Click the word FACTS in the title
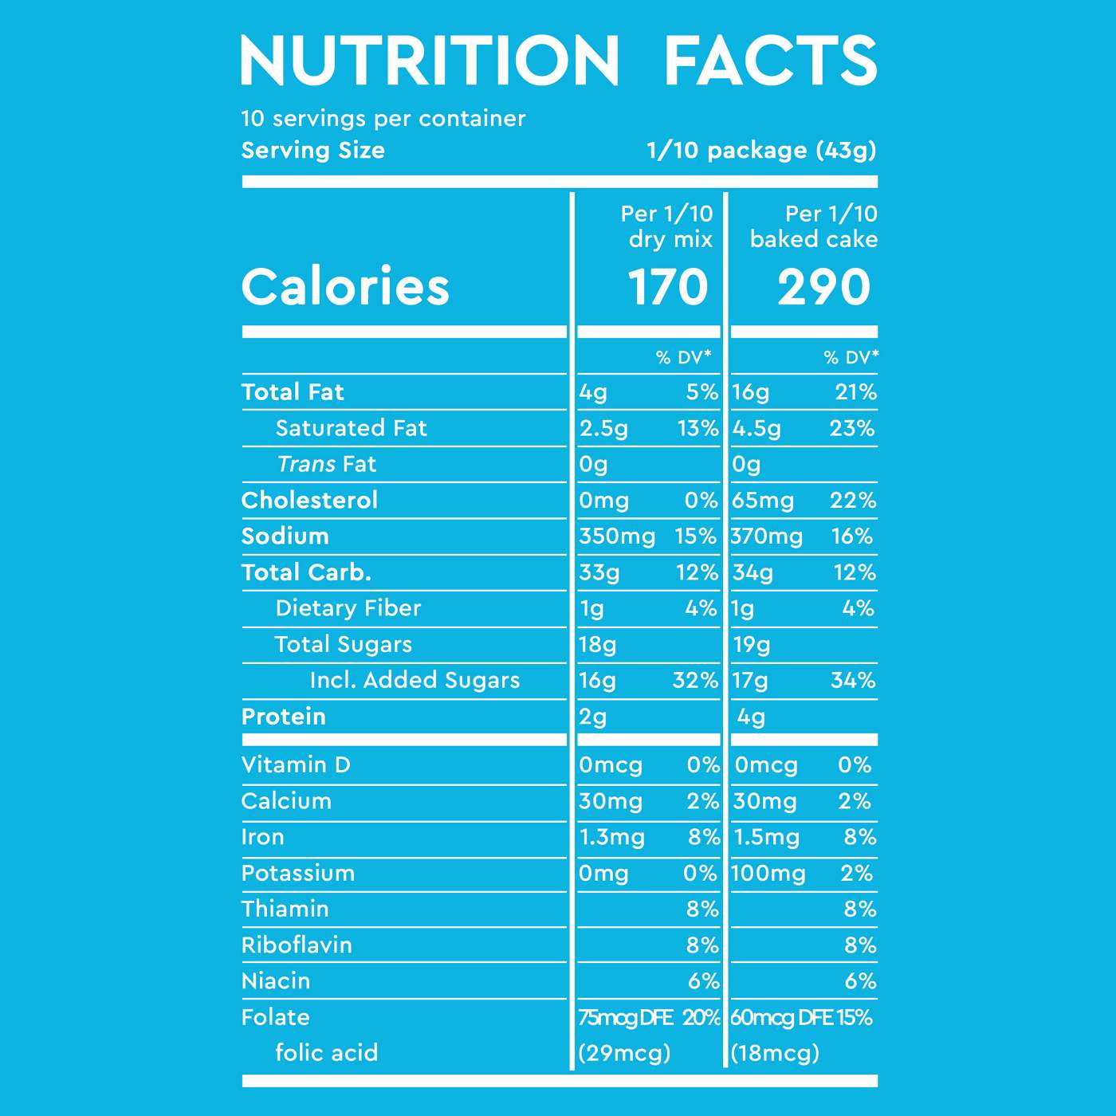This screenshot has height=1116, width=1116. pyautogui.click(x=770, y=61)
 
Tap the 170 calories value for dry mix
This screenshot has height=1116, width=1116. pyautogui.click(x=667, y=287)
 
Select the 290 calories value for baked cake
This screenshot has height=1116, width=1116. pyautogui.click(x=823, y=287)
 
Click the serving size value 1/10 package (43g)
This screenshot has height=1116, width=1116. pyautogui.click(x=761, y=150)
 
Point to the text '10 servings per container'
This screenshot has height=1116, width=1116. pyautogui.click(x=383, y=119)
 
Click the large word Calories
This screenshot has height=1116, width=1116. pyautogui.click(x=345, y=286)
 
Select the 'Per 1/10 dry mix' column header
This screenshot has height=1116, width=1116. pyautogui.click(x=667, y=226)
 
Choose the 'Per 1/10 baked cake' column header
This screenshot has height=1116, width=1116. pyautogui.click(x=814, y=226)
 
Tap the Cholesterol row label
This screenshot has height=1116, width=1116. pyautogui.click(x=309, y=500)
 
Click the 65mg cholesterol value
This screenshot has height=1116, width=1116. pyautogui.click(x=763, y=501)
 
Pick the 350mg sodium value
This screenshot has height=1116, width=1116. pyautogui.click(x=617, y=536)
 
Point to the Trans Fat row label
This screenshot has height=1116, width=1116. pyautogui.click(x=326, y=464)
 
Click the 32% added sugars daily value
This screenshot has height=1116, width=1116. pyautogui.click(x=695, y=680)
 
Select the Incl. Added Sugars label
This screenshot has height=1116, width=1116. pyautogui.click(x=415, y=680)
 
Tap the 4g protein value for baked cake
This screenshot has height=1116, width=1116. pyautogui.click(x=751, y=717)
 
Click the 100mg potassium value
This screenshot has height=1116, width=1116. pyautogui.click(x=768, y=874)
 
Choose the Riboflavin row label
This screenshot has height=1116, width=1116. pyautogui.click(x=297, y=945)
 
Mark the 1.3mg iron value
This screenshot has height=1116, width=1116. pyautogui.click(x=611, y=837)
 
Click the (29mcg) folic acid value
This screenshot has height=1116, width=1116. pyautogui.click(x=624, y=1053)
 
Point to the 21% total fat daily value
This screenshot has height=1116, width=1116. pyautogui.click(x=855, y=392)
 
